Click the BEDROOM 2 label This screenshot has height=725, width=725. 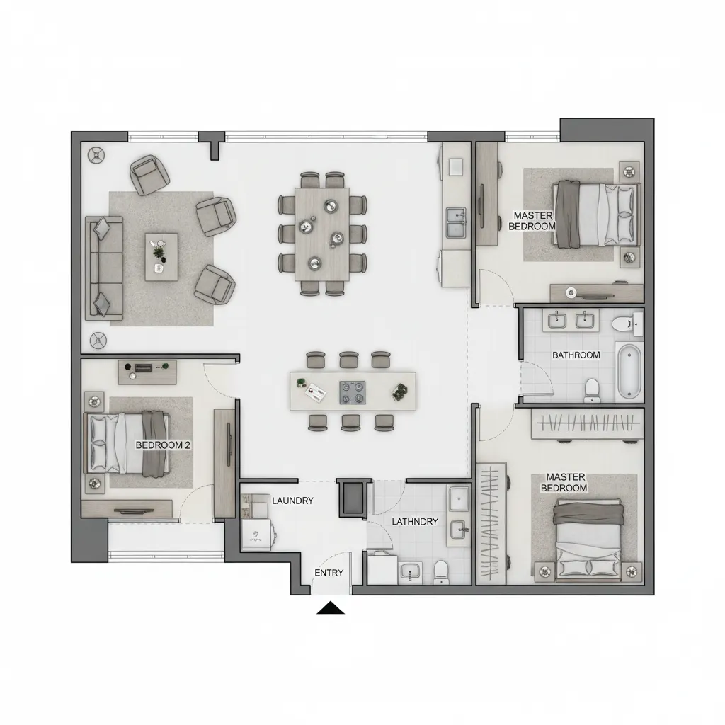(x=163, y=445)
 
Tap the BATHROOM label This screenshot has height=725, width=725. (x=576, y=355)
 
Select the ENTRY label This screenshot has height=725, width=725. (x=329, y=572)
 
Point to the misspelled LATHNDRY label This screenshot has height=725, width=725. (x=415, y=521)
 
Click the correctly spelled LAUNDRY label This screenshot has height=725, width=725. (x=292, y=501)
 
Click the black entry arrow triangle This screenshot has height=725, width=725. (x=330, y=607)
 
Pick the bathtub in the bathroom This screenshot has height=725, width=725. (x=629, y=371)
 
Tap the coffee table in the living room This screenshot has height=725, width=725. (x=161, y=256)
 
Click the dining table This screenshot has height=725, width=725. (x=323, y=232)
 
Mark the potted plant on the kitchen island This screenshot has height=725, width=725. (x=401, y=390)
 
